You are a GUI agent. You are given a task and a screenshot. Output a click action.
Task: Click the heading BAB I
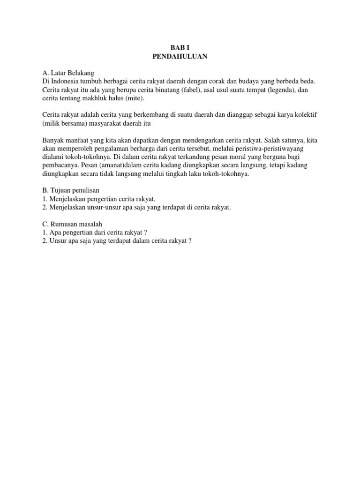tap(180, 48)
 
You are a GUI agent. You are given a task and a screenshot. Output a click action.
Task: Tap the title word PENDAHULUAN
tap(180, 57)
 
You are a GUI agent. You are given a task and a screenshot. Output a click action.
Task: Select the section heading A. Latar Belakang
tap(68, 73)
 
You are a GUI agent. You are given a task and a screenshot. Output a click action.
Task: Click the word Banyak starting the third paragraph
tap(52, 140)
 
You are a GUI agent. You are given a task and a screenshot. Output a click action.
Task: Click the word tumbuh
tap(92, 82)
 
